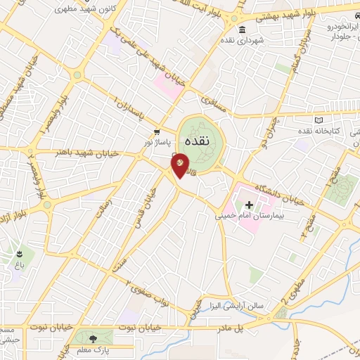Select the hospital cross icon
[250, 205]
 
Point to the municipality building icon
[242, 30]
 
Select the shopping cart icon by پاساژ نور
[157, 131]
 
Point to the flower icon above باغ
[19, 253]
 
